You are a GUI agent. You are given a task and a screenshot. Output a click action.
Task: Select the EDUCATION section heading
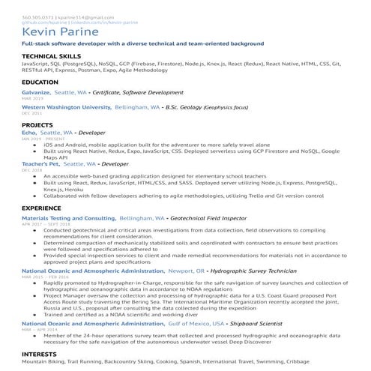click(x=40, y=82)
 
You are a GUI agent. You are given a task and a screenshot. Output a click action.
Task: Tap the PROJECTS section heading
click(x=37, y=125)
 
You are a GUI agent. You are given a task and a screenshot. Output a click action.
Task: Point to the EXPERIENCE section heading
click(x=41, y=208)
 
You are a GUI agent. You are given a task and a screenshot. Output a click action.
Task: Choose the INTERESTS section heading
click(x=39, y=353)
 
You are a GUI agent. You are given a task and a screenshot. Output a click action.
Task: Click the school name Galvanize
click(x=37, y=91)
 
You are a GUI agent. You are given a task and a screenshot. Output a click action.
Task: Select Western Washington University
click(x=66, y=107)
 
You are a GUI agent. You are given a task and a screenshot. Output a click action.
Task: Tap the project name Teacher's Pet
click(x=40, y=163)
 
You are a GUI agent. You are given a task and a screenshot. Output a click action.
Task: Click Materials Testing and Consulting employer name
click(x=68, y=217)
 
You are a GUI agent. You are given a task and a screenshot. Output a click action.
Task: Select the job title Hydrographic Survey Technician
click(x=256, y=270)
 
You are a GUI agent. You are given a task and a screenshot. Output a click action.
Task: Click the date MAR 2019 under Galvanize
click(x=32, y=98)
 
